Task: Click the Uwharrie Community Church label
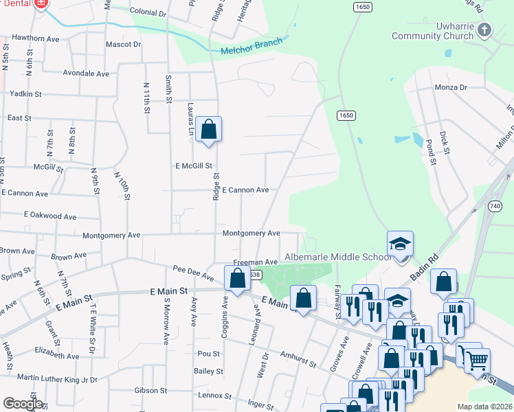pos(432,32)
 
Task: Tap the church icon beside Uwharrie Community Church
pos(485,30)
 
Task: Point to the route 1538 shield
pos(255,275)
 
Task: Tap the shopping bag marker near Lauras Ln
pos(209,129)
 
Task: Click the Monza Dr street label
pos(450,87)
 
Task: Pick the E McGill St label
pos(194,165)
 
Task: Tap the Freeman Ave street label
pos(255,262)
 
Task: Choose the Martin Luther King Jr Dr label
pos(57,378)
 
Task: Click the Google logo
pos(23,403)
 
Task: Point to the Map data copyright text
pos(484,407)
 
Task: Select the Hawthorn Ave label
pos(32,37)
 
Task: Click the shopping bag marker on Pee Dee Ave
pos(237,279)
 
